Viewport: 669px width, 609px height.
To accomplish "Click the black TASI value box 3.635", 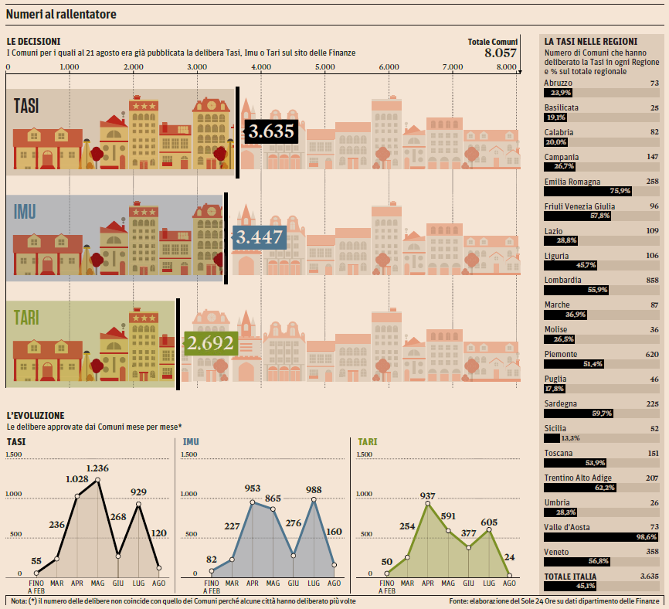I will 270,131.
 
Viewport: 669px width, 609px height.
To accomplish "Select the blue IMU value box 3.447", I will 259,237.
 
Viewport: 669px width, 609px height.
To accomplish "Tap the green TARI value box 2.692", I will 209,342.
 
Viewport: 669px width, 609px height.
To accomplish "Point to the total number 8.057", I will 500,53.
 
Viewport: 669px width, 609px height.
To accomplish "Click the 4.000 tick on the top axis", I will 261,67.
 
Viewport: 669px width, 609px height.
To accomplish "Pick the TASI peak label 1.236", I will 97,468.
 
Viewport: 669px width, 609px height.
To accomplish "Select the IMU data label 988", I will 314,489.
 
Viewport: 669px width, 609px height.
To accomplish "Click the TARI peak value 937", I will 427,496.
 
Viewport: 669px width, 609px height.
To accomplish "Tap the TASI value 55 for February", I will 36,561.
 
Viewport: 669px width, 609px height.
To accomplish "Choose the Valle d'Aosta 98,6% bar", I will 600,536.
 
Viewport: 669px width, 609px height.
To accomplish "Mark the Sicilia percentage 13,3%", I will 569,437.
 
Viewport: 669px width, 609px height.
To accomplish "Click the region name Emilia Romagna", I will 572,182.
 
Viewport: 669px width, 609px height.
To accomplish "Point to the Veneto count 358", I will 652,552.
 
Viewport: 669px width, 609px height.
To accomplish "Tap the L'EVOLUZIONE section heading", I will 36,416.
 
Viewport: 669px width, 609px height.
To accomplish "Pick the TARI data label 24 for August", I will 509,557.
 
